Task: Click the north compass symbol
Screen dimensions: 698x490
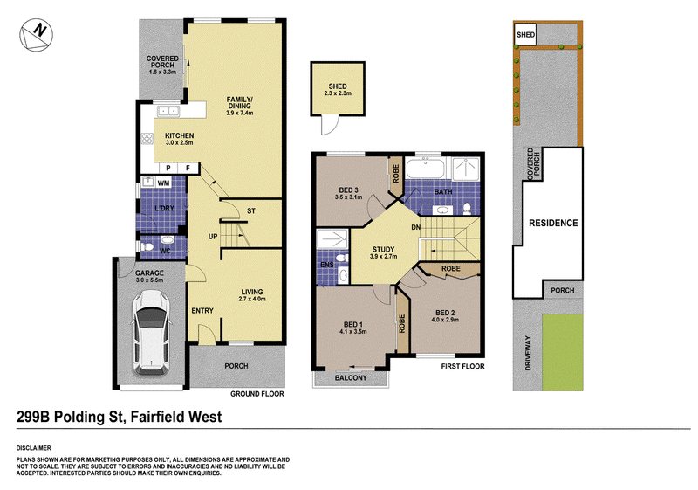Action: point(36,35)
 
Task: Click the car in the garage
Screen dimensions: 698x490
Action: point(151,332)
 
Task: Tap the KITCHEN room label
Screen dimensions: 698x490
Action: point(180,135)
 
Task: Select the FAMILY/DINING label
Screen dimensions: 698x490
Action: point(239,102)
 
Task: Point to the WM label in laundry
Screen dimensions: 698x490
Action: point(163,183)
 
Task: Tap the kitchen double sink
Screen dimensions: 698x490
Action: point(168,112)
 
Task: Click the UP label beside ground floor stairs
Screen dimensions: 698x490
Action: point(213,237)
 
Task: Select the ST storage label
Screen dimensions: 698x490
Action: point(251,210)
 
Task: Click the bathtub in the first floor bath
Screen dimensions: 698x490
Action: point(426,169)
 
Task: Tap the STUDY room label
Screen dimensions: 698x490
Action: point(383,250)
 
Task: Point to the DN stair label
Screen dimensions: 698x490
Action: point(416,228)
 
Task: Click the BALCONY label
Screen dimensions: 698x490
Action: point(351,377)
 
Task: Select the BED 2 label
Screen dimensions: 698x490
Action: point(445,313)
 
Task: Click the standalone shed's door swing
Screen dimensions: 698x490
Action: point(329,125)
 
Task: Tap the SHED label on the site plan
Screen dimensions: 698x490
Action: point(525,35)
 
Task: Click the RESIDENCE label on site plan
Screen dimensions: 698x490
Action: point(553,223)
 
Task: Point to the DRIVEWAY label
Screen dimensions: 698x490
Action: point(529,353)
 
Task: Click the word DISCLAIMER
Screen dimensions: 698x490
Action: point(34,448)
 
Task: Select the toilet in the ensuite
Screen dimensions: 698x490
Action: point(341,259)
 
